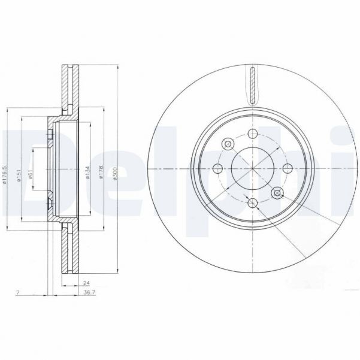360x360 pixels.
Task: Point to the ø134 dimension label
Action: [x=88, y=173]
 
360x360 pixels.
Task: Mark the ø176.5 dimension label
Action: [x=5, y=174]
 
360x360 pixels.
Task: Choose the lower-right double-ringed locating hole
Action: [x=277, y=192]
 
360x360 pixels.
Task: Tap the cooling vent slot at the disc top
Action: [x=252, y=84]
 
